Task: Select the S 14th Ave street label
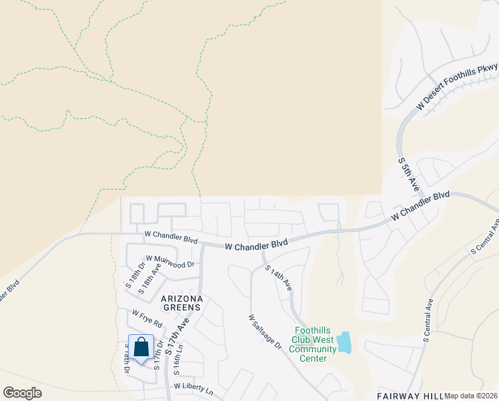279,277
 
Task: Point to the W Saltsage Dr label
266,332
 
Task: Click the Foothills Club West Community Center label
314,344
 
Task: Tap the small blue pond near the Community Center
344,342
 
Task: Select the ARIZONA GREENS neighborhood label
179,303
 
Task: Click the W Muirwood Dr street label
169,261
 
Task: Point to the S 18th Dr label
132,275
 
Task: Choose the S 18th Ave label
149,279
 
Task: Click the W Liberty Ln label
193,387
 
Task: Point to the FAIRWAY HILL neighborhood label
408,395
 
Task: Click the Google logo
22,393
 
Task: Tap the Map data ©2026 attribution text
471,396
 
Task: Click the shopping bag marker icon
141,348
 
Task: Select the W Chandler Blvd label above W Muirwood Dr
171,237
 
